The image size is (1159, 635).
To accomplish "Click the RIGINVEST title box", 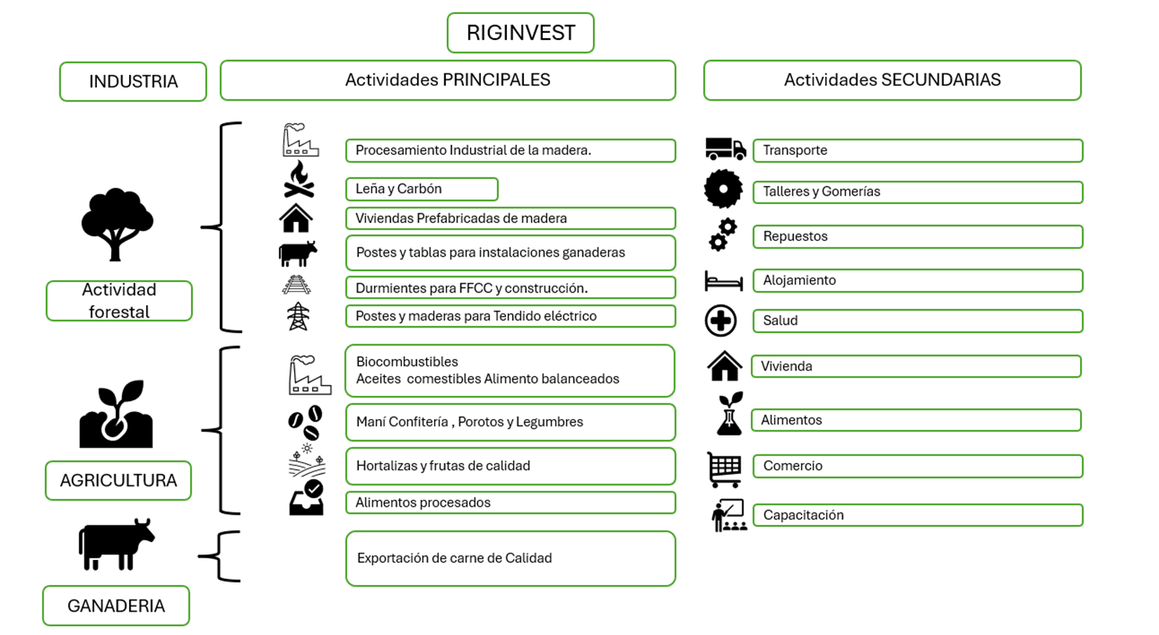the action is coord(521,33).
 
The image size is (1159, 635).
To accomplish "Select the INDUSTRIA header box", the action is coord(133,81).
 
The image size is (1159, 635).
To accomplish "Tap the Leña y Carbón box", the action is coord(422,189).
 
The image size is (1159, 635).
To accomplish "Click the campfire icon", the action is coord(299,179).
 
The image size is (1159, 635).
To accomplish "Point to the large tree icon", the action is coord(117,224).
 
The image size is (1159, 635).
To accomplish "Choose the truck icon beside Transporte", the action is coord(726,149).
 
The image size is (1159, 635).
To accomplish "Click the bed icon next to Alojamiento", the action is coord(723,281).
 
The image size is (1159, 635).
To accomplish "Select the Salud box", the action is coord(918,321).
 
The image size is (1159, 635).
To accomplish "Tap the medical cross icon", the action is coord(721,321).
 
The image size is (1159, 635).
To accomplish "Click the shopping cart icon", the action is coord(724,469).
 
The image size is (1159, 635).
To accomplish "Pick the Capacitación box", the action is coord(918,515).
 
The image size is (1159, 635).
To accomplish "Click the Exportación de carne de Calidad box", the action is coord(511,558).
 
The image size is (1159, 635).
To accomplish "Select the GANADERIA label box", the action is coord(116,605).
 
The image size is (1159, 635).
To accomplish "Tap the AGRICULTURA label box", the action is coord(118,480).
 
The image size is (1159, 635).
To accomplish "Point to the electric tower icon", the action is coord(298,316).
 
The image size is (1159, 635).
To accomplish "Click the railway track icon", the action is coord(296,285).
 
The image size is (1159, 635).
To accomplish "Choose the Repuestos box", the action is coord(918,236).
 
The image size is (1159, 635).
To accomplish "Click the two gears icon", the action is coord(723,235).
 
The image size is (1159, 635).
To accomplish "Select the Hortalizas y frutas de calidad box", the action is coord(511,466).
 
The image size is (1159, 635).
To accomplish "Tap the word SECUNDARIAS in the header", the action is coord(941,80).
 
